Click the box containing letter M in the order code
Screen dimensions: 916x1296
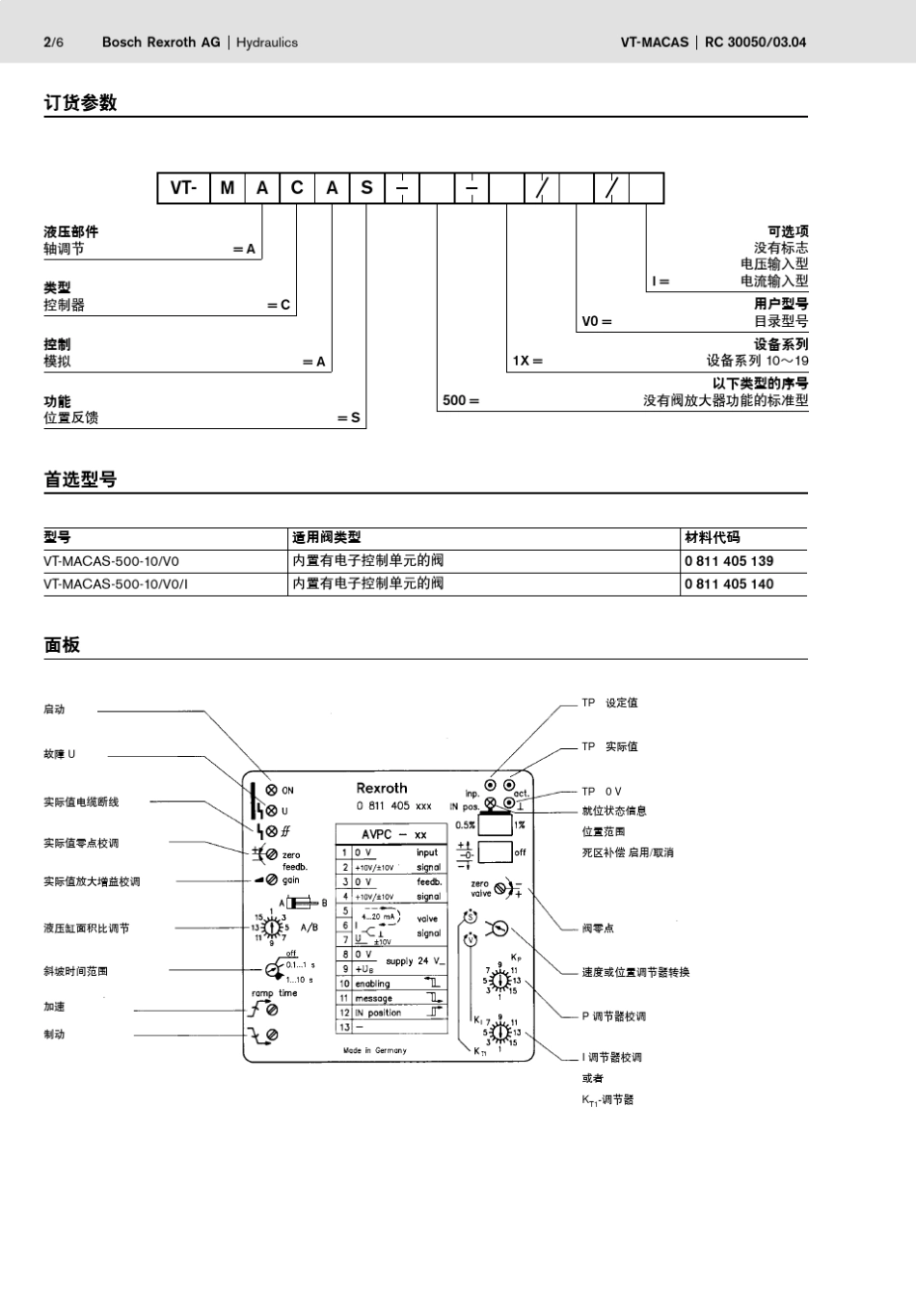coord(227,188)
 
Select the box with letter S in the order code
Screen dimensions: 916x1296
coord(366,188)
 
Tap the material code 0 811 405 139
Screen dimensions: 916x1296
coord(729,561)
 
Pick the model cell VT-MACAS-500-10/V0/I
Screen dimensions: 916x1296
coord(116,584)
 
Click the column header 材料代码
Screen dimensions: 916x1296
coord(712,538)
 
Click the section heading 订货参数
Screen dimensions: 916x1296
coord(80,103)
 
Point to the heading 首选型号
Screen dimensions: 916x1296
coord(80,479)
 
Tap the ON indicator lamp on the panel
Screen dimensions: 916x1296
coord(272,790)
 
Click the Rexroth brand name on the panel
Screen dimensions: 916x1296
coord(382,788)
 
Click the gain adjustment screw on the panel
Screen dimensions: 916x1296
coord(272,879)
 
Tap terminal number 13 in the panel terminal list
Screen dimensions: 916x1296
coord(343,1027)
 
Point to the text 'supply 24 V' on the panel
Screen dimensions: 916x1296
coord(416,961)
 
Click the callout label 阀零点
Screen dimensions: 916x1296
coord(598,929)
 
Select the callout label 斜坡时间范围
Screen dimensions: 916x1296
coord(76,971)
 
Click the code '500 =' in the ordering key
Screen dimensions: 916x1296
coord(461,400)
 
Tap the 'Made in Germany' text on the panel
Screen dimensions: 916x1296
coord(375,1050)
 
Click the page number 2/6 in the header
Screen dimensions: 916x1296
coord(53,42)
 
